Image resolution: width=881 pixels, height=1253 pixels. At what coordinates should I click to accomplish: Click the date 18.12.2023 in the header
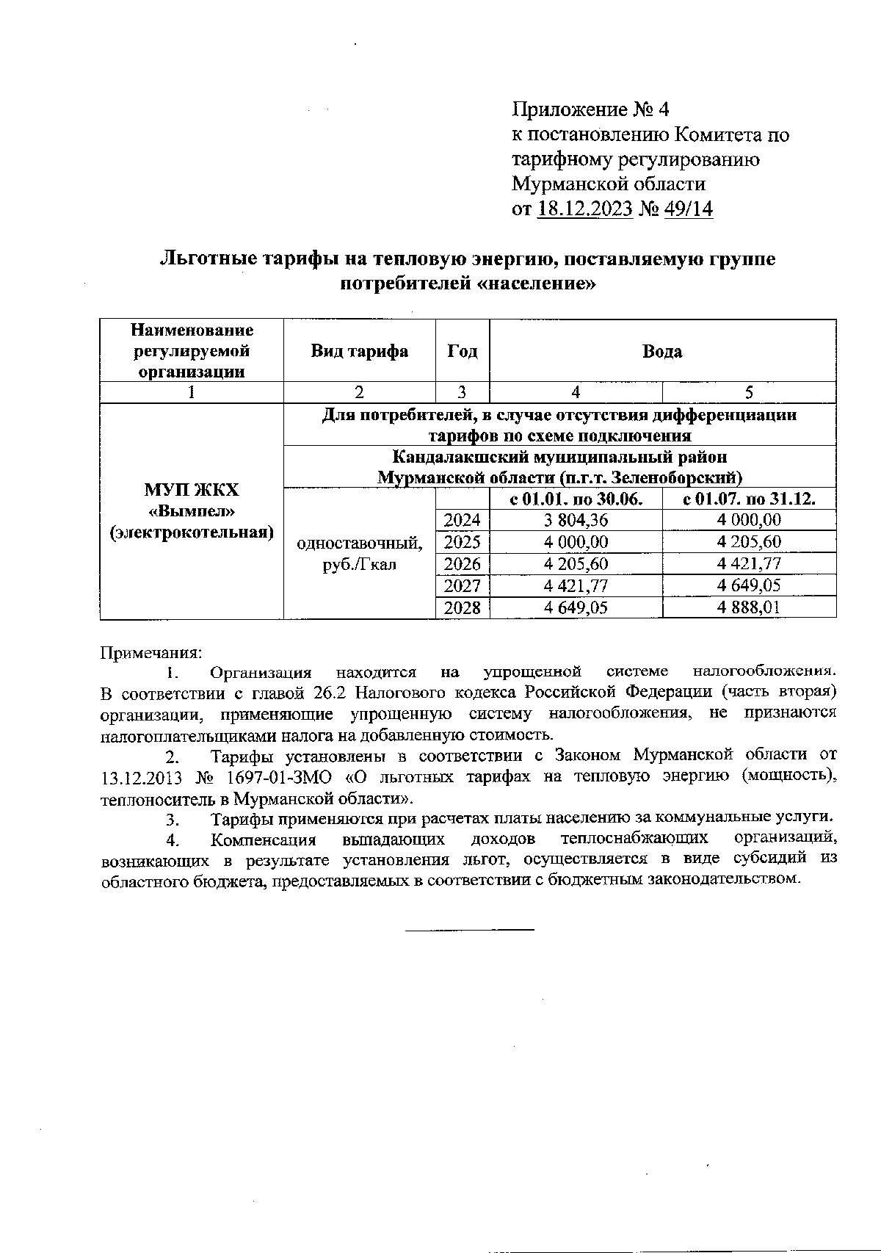click(x=585, y=209)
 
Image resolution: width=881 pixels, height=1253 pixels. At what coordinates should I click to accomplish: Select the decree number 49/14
click(x=688, y=209)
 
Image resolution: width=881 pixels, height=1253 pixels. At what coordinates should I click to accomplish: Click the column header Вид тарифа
click(x=359, y=351)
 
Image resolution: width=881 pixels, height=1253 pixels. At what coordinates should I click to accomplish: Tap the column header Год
click(x=463, y=351)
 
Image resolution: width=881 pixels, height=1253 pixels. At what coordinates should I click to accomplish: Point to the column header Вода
click(x=662, y=351)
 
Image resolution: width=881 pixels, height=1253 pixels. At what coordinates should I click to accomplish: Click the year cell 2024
click(x=463, y=521)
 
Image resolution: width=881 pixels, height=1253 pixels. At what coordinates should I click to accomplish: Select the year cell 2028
click(x=463, y=608)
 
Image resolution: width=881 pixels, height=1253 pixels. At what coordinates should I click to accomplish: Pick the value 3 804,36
click(x=576, y=521)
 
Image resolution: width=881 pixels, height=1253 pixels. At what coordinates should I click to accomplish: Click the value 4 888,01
click(x=749, y=608)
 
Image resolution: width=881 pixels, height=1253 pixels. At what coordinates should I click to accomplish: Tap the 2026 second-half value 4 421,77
click(x=749, y=564)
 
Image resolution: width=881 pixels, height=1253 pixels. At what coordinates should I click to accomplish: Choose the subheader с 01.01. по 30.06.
click(x=576, y=499)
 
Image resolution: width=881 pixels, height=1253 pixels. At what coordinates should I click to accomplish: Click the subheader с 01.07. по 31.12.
click(x=749, y=499)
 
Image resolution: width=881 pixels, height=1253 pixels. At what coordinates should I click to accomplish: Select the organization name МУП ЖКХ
click(x=192, y=490)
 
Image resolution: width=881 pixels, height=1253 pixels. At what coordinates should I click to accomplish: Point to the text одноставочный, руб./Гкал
click(x=359, y=554)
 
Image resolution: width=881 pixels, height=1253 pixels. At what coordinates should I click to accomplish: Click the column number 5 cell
click(x=749, y=392)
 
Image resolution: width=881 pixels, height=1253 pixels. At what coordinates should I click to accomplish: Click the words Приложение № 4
click(x=590, y=110)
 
